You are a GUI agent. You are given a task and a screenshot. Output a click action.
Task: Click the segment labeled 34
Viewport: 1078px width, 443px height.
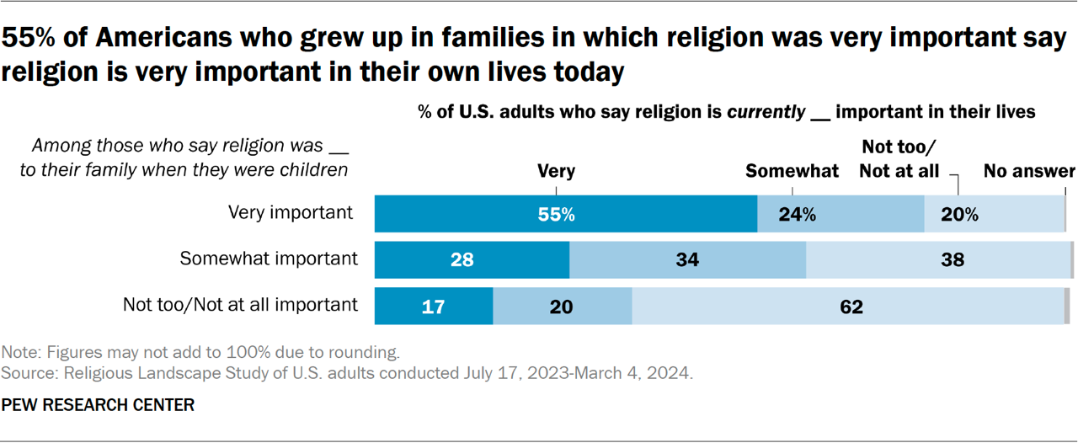[x=687, y=260]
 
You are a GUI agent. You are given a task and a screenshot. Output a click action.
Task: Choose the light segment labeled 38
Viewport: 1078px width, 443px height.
[x=937, y=260]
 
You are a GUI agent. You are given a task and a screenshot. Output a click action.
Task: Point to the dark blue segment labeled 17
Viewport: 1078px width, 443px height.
[x=433, y=307]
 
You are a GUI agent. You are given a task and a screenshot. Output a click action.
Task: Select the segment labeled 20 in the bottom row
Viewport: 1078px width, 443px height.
[x=562, y=307]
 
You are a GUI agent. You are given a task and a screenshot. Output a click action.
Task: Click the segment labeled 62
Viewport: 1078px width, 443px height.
[x=848, y=307]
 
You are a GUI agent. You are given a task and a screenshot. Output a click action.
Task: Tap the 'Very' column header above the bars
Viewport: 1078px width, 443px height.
[x=556, y=171]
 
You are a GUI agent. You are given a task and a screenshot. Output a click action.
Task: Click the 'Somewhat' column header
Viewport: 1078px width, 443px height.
[x=792, y=171]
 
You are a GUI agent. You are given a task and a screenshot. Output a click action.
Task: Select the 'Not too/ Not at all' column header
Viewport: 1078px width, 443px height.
[x=899, y=159]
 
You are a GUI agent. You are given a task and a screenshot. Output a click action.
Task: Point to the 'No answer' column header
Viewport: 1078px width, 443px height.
[x=1029, y=171]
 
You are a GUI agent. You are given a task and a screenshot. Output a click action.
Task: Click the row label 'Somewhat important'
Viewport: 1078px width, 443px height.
[x=269, y=259]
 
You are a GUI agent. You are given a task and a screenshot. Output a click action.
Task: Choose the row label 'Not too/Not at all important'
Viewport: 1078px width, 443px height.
[x=240, y=305]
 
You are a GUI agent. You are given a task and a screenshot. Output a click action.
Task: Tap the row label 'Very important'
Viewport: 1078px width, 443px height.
[x=291, y=212]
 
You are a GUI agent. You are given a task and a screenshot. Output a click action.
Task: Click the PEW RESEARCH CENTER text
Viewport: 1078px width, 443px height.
[x=98, y=405]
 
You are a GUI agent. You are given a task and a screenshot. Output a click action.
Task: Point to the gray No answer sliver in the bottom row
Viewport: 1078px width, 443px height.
[x=1067, y=307]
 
